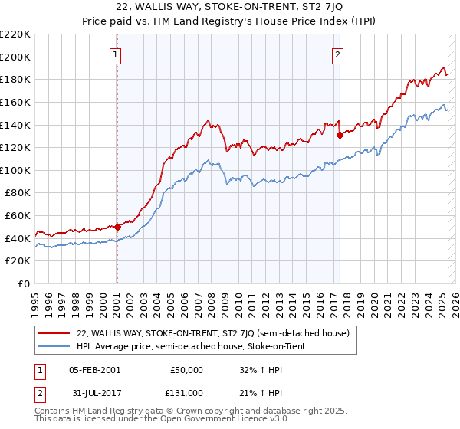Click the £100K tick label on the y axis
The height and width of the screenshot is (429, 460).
(15, 170)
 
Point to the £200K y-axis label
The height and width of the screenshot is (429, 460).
(15, 57)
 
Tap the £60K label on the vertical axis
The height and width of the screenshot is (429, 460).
(18, 216)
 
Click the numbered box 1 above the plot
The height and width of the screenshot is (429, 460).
(115, 54)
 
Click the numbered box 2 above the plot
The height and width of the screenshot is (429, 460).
(337, 54)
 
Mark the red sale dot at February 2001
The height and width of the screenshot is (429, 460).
(117, 227)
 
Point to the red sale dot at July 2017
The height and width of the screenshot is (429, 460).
(340, 135)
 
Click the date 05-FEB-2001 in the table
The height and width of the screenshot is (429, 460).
(94, 370)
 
